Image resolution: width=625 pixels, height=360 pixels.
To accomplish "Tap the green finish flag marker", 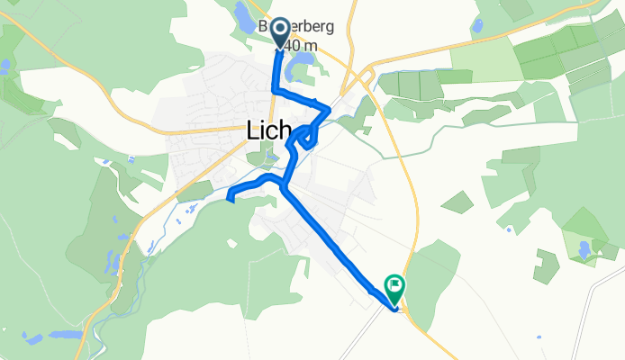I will click(394, 287).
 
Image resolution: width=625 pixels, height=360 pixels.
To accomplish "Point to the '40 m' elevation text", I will click(297, 47).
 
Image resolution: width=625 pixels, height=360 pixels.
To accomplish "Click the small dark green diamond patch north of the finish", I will click(457, 202).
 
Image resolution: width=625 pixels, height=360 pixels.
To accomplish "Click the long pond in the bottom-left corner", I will click(65, 334).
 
